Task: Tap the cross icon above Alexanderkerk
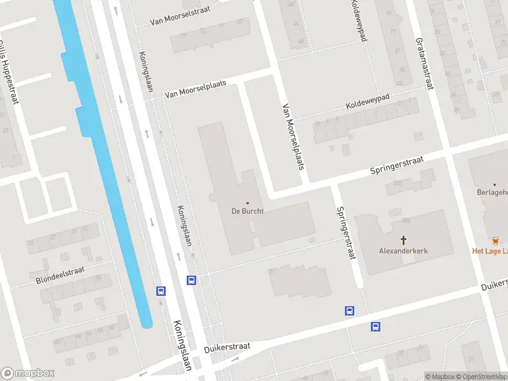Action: click(x=403, y=239)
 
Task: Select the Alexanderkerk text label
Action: click(x=403, y=251)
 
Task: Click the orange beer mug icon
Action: click(x=495, y=239)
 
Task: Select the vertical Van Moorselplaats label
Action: click(x=293, y=137)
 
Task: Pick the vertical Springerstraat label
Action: click(x=346, y=232)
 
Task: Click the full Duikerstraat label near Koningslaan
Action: click(x=227, y=347)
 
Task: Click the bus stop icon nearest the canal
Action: click(x=161, y=291)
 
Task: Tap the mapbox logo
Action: click(x=29, y=373)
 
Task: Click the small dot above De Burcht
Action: click(x=247, y=203)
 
